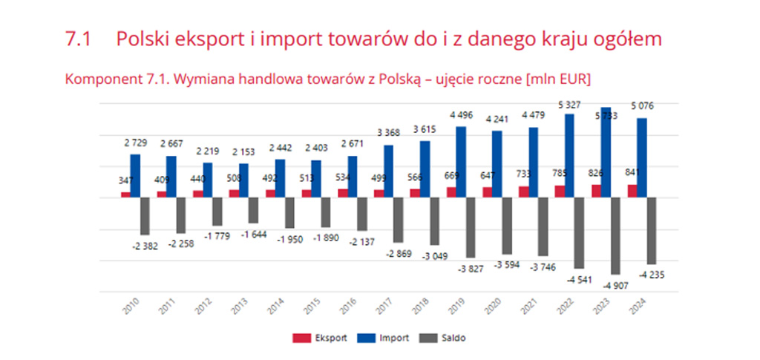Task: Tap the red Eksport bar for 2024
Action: tap(632, 191)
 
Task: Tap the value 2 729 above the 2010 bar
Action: tap(135, 142)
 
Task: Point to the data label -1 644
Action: tap(252, 235)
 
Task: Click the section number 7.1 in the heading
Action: tap(79, 39)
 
